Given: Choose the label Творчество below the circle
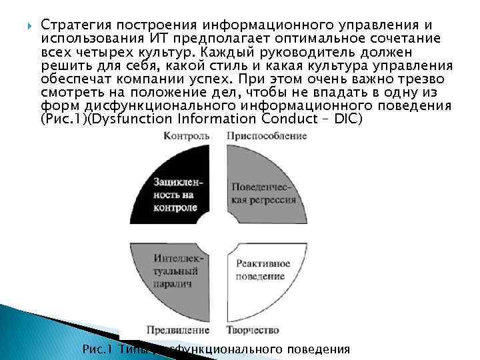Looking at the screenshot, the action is point(252,330).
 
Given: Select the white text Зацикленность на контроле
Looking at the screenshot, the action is point(176,194).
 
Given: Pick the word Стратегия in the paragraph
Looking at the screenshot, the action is point(73,24).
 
